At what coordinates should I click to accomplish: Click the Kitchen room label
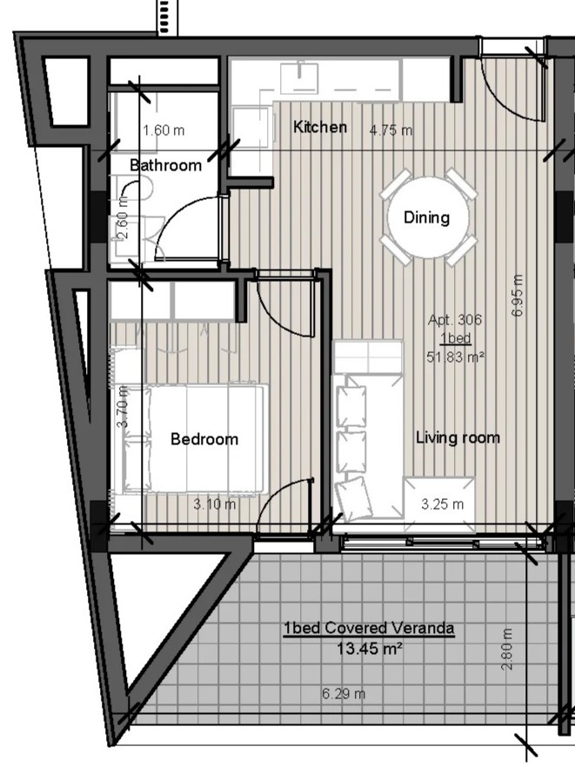[319, 127]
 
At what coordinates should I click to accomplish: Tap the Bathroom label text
[166, 165]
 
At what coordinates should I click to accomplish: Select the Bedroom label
[204, 439]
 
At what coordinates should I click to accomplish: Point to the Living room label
[458, 437]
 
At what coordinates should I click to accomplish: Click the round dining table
[427, 217]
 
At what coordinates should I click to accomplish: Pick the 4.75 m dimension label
[391, 130]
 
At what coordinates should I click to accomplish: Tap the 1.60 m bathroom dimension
[164, 130]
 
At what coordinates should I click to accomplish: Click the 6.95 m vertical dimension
[518, 295]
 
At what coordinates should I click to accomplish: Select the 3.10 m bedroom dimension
[215, 504]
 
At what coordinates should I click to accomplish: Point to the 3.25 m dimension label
[442, 504]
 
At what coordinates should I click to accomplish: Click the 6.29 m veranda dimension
[344, 693]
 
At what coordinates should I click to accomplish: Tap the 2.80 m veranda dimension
[507, 650]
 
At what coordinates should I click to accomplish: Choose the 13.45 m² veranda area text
[369, 650]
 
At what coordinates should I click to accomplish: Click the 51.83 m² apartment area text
[456, 357]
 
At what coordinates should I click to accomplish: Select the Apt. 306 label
[455, 319]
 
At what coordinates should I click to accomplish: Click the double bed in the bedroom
[191, 438]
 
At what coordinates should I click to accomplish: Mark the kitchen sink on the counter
[299, 78]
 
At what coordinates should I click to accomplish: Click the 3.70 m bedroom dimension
[124, 406]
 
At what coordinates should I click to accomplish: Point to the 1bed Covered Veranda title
[369, 629]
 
